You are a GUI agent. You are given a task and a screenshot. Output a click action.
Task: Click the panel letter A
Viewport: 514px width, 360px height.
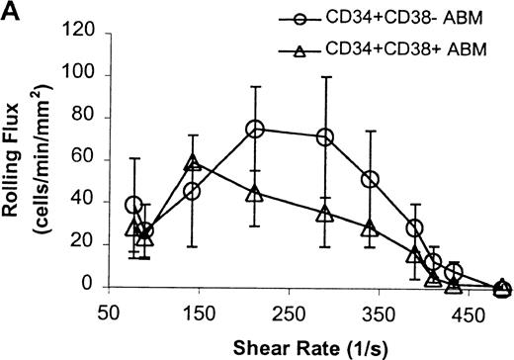pos(11,12)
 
